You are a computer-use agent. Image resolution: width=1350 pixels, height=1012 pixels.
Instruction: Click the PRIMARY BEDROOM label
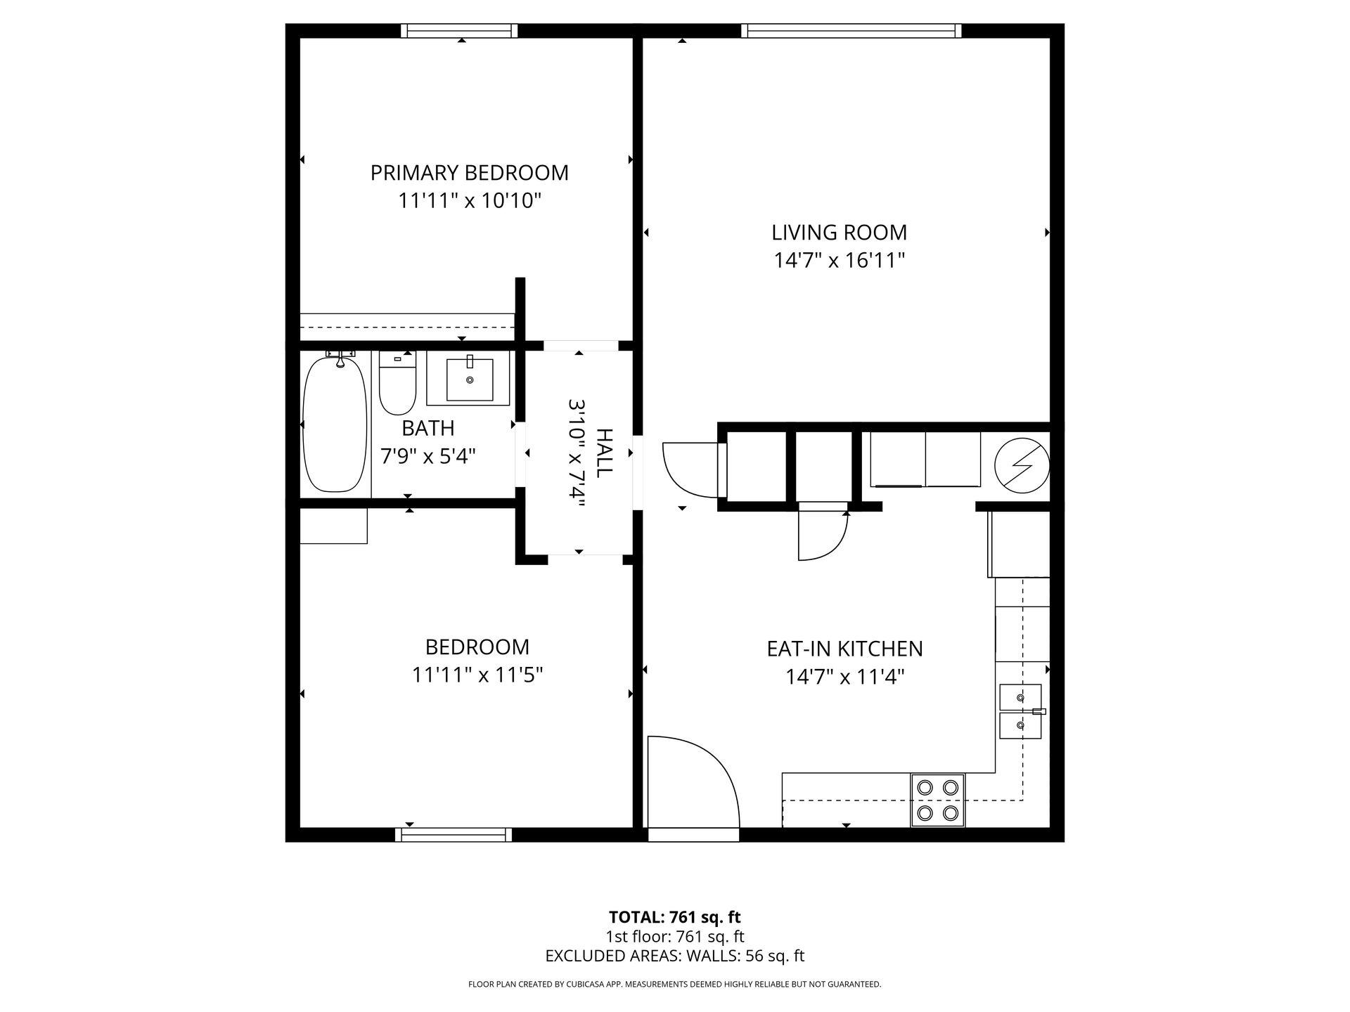tap(469, 172)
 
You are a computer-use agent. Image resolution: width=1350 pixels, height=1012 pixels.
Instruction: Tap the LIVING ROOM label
tap(839, 232)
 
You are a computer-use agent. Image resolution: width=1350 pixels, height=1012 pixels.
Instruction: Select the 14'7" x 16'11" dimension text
tap(839, 261)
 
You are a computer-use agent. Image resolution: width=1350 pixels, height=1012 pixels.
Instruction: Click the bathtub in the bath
tap(335, 424)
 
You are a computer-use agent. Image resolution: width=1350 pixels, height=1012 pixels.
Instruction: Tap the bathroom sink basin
tap(469, 379)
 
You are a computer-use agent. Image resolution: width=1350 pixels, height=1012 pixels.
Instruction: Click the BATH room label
tap(427, 428)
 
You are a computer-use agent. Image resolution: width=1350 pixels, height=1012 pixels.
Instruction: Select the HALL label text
tap(604, 453)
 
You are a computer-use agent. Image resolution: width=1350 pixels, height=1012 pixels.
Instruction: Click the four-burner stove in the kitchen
tap(938, 800)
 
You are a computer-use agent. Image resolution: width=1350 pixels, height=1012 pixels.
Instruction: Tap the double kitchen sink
tap(1020, 711)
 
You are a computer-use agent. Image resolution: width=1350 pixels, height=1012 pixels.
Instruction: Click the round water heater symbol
tap(1022, 465)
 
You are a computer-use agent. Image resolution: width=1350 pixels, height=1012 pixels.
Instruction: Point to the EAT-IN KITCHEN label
tap(844, 648)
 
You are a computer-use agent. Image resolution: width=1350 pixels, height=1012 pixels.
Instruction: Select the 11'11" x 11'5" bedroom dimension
tap(477, 675)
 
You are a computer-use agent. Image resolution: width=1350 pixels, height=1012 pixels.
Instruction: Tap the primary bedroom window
tap(459, 31)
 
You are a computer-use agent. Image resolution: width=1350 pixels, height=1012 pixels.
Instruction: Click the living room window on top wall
tap(851, 31)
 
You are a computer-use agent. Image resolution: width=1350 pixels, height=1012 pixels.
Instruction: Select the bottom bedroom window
tap(454, 834)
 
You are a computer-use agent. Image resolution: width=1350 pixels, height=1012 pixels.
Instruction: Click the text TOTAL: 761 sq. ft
tap(674, 917)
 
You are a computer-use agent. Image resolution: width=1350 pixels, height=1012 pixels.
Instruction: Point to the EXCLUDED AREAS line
tap(674, 956)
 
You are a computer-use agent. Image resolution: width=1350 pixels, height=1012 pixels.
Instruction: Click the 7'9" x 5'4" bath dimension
tap(428, 457)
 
